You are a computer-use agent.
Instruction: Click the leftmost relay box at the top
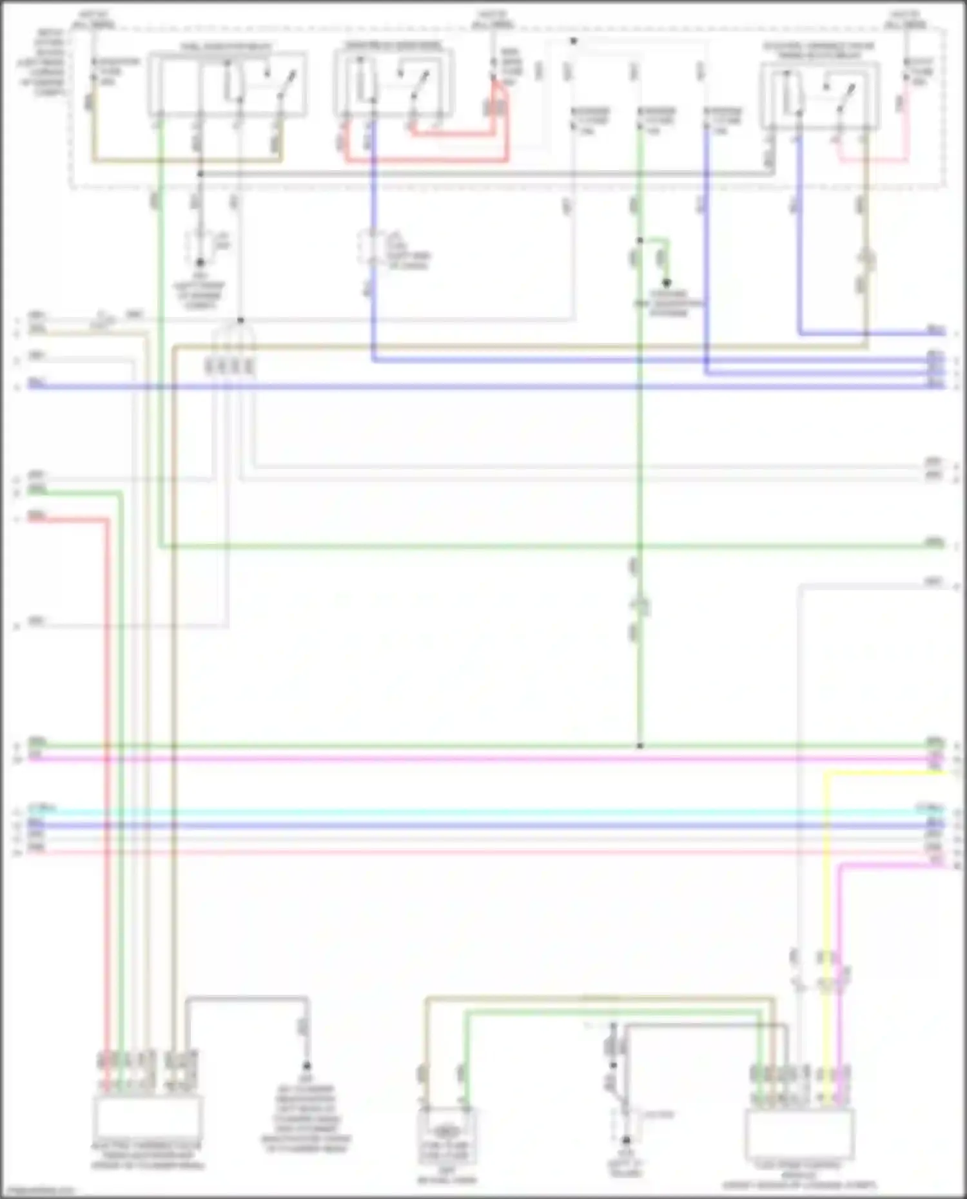[227, 84]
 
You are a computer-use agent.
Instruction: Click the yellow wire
[826, 902]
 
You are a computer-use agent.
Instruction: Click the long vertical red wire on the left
[108, 773]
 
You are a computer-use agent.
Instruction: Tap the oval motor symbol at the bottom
[445, 1131]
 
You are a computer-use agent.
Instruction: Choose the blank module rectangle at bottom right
[799, 1134]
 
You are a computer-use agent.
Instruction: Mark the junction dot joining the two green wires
[640, 745]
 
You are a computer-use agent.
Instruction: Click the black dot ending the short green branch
[667, 283]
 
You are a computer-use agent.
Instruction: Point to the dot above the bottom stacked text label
[307, 1066]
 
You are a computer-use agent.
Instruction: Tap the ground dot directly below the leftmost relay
[200, 262]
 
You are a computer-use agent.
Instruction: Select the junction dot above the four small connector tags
[240, 320]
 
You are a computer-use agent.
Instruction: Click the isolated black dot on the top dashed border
[573, 41]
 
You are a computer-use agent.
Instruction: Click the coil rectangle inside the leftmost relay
[231, 84]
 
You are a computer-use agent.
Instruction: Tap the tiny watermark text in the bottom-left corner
[37, 1191]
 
